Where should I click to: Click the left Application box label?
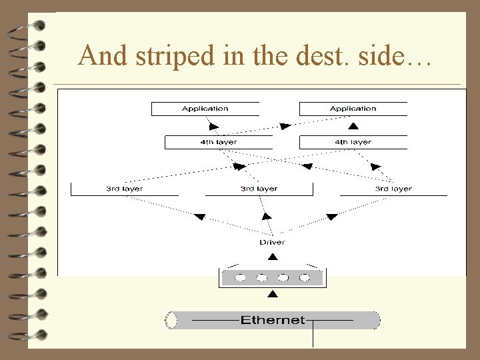205,109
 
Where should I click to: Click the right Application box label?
353,109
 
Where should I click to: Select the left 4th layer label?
218,142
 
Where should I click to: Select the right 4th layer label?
353,142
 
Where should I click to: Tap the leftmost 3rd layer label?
124,189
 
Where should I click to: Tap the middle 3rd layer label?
259,189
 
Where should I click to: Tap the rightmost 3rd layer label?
393,189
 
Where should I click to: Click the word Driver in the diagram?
272,242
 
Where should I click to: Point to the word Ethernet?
272,320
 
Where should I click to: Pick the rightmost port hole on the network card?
305,277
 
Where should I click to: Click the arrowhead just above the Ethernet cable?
271,294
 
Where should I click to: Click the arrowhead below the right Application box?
353,126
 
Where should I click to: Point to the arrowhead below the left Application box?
212,125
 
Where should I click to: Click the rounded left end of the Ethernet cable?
171,320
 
